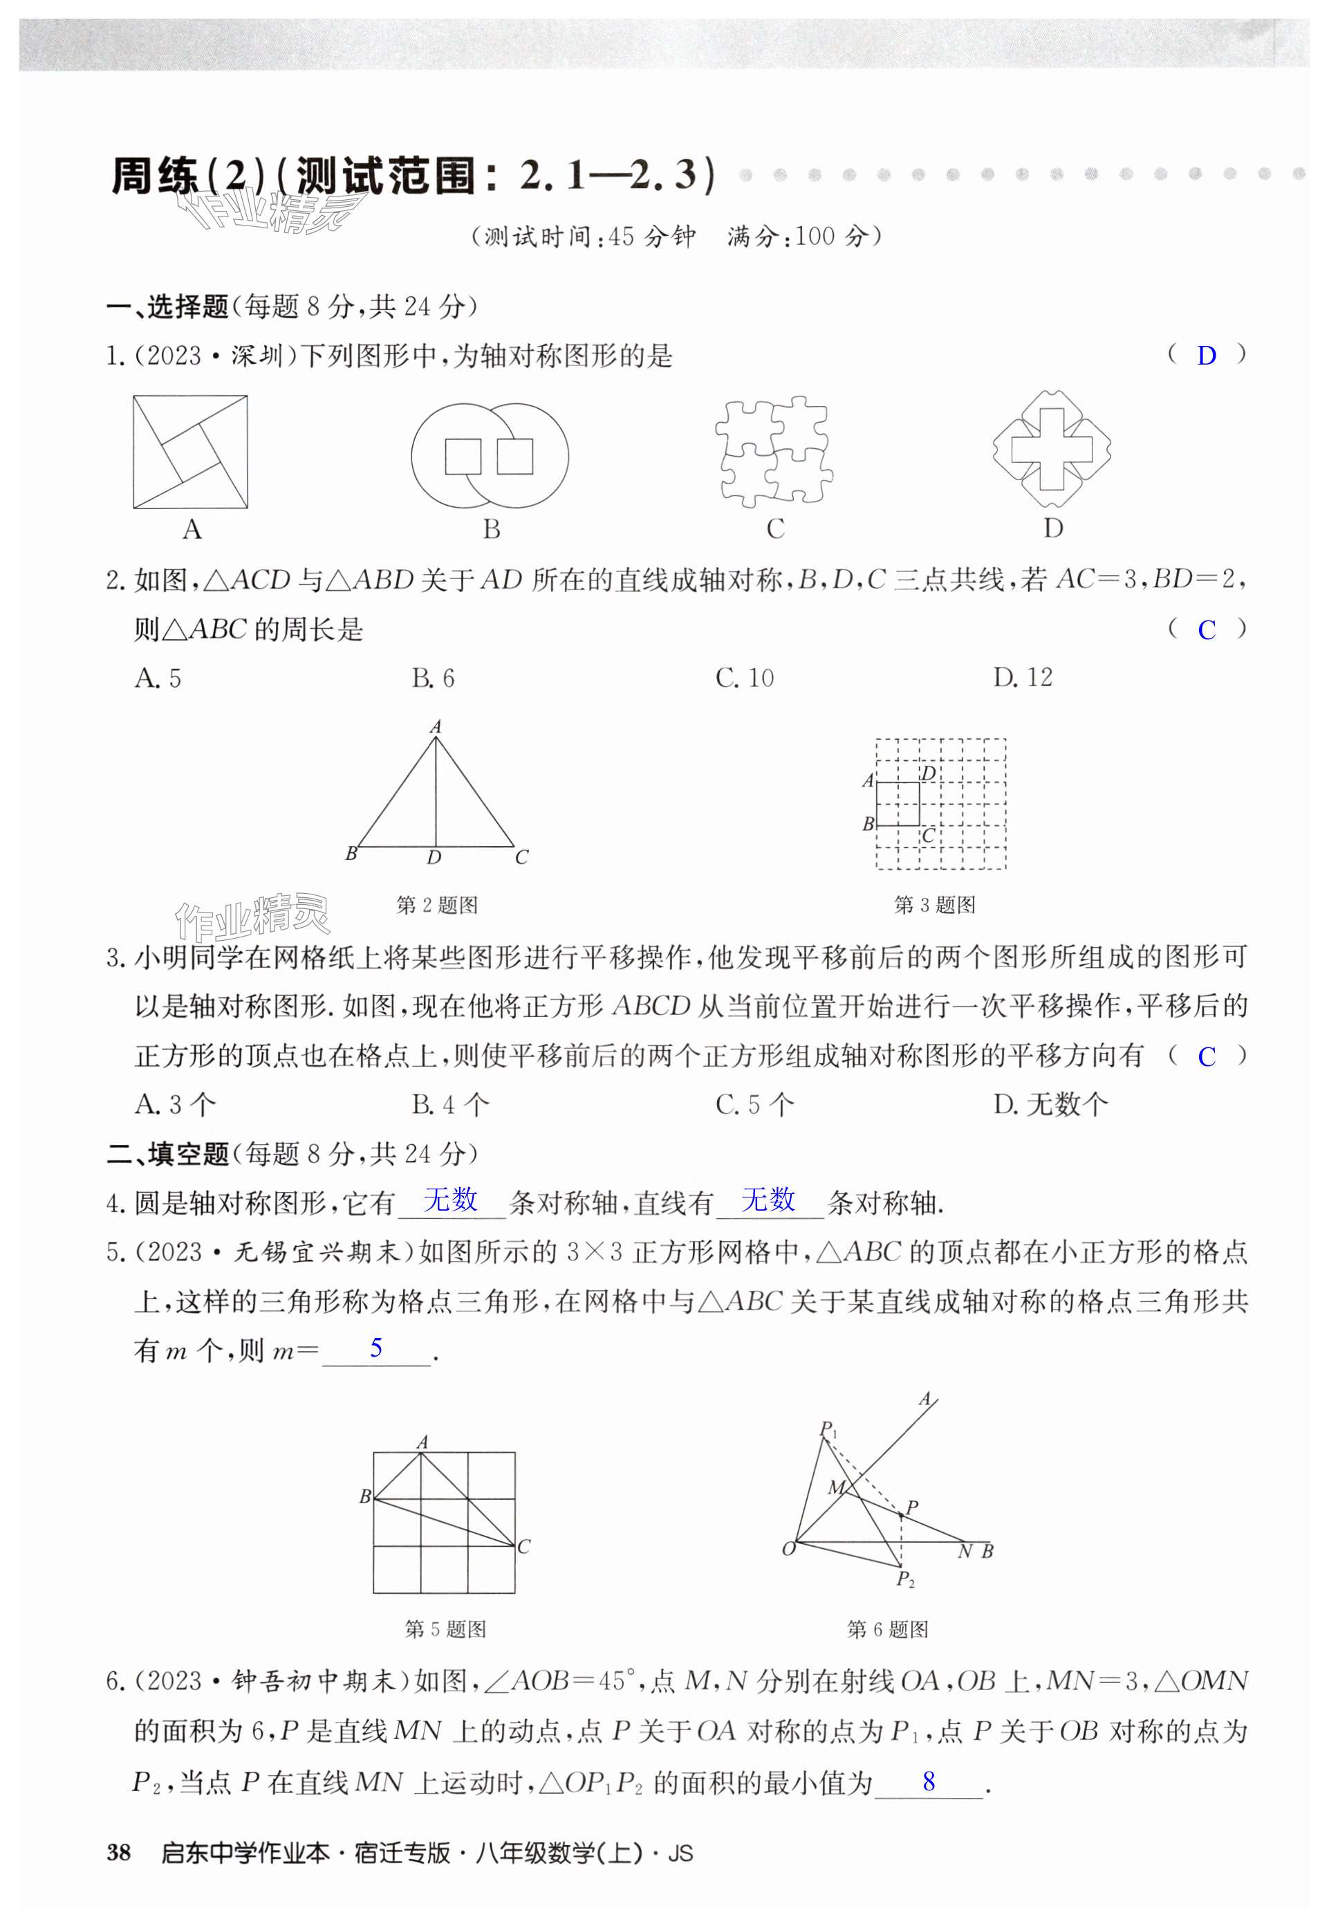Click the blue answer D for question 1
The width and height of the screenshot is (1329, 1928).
(1206, 356)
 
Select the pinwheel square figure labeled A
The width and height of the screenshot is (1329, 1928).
(190, 452)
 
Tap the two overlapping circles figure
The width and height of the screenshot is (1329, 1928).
(490, 456)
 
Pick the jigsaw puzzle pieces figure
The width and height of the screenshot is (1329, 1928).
(774, 452)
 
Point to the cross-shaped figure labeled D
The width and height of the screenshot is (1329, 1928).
(1052, 450)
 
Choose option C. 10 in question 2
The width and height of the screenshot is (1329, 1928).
(745, 678)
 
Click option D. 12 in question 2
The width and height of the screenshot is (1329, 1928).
(1023, 678)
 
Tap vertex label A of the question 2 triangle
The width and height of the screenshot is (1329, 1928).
(435, 727)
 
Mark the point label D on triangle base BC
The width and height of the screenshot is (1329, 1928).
(434, 858)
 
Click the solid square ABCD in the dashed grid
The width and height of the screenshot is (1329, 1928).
(898, 804)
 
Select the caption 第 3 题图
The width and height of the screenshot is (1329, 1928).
(934, 906)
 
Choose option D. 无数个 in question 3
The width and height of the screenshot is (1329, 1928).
(1051, 1105)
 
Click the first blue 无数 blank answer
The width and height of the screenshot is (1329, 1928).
(451, 1200)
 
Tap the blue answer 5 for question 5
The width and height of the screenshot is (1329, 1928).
(376, 1348)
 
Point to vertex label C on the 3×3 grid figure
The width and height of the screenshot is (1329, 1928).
(523, 1548)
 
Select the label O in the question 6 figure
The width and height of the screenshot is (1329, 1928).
(788, 1549)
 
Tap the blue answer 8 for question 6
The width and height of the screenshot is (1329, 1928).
(929, 1782)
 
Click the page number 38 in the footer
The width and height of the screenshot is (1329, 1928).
(119, 1853)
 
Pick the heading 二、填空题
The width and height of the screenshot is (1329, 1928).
(168, 1155)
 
